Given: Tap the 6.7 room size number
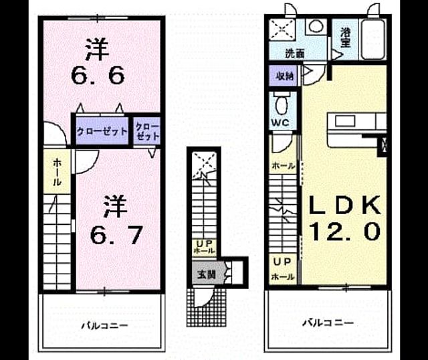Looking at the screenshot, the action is click(116, 236).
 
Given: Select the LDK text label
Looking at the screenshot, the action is click(344, 205).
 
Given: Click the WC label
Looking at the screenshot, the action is click(280, 122).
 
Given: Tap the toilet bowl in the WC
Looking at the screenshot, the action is click(281, 106).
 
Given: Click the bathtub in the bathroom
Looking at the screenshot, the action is click(373, 39).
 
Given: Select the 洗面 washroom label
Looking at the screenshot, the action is click(295, 54).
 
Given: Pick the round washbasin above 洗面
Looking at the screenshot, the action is click(316, 27).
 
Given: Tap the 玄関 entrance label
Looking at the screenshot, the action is click(207, 274).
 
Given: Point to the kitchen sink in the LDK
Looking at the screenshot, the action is click(345, 121).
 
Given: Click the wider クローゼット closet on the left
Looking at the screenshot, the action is click(102, 131).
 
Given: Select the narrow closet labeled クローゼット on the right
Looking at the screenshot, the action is click(147, 132).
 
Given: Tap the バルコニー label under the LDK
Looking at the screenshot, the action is click(328, 323).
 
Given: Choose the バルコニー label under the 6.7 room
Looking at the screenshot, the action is click(105, 326).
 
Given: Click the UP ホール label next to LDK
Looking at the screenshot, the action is click(283, 269).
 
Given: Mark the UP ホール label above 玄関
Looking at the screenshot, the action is click(204, 247).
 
